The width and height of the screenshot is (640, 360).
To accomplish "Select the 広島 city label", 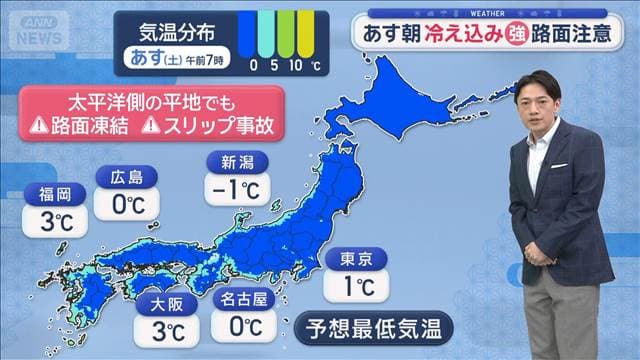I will tap(127, 178).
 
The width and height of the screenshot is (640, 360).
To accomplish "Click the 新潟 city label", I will tap(235, 162).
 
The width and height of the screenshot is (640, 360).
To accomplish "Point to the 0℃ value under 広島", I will tap(125, 205).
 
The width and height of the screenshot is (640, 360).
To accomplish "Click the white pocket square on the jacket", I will tap(558, 165).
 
